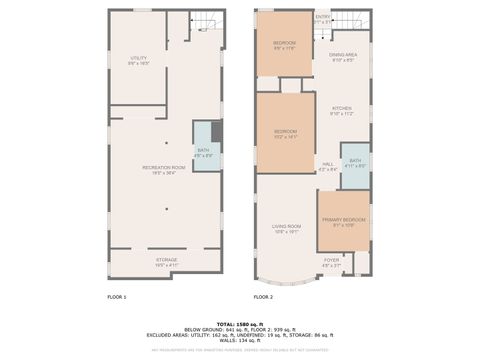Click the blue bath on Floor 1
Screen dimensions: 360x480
(x=202, y=153)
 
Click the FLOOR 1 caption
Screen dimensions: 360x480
(x=117, y=297)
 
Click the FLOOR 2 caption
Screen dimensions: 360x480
(x=263, y=297)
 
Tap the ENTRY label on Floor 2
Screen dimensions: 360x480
(x=323, y=17)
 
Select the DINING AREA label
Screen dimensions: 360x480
(x=344, y=57)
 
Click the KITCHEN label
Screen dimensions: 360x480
(x=343, y=110)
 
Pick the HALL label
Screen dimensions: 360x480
(x=327, y=167)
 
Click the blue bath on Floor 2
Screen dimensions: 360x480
(x=355, y=163)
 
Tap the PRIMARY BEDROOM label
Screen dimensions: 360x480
(x=343, y=221)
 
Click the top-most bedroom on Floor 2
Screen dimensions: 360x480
(x=284, y=45)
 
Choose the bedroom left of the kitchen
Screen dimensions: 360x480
(x=286, y=133)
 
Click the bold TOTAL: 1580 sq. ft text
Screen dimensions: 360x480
(x=240, y=313)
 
